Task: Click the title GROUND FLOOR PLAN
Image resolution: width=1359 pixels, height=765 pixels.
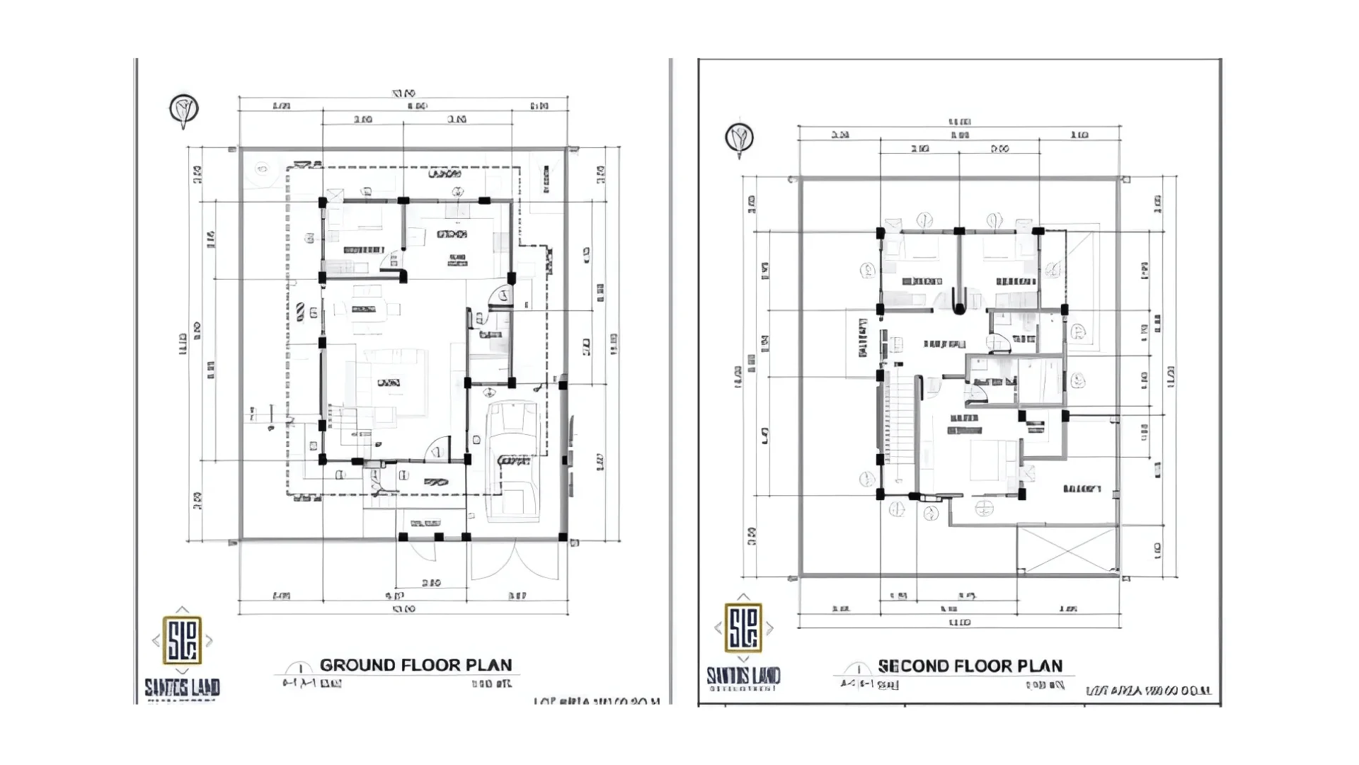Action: click(415, 665)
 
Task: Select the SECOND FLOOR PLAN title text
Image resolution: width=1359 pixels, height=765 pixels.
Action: click(970, 666)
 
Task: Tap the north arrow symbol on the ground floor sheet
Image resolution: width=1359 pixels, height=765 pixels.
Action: click(184, 110)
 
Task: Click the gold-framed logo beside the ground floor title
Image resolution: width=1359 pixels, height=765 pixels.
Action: click(182, 640)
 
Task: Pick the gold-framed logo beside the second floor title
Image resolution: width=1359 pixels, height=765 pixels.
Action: click(743, 627)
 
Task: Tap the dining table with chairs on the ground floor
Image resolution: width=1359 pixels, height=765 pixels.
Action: click(366, 309)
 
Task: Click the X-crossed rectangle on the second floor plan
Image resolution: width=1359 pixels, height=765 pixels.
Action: click(1067, 549)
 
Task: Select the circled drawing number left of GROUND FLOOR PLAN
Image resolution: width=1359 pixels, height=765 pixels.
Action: click(300, 669)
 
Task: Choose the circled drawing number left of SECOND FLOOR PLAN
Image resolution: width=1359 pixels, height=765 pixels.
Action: click(858, 669)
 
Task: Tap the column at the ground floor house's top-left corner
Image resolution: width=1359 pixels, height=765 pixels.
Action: click(323, 203)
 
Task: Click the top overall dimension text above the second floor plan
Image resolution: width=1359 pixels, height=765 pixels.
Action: click(959, 122)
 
